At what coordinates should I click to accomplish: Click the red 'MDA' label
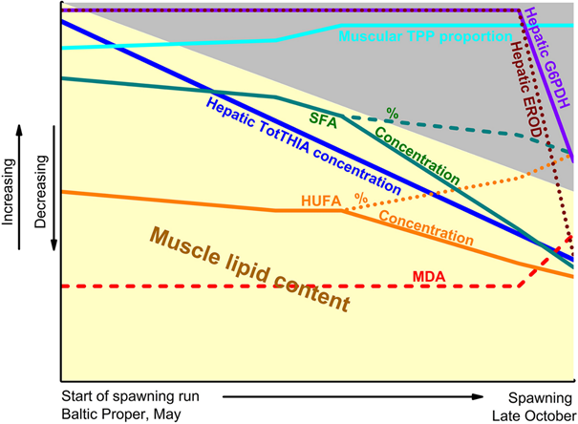428,277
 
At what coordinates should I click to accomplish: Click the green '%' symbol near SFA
391,114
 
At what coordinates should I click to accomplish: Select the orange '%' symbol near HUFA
360,199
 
